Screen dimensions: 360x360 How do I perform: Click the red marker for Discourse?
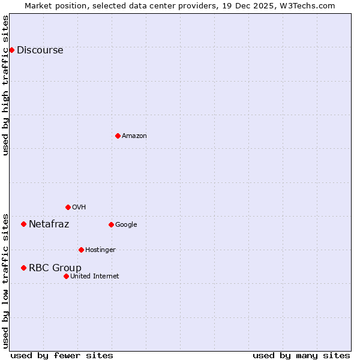pos(11,50)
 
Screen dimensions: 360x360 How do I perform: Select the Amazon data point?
pos(118,136)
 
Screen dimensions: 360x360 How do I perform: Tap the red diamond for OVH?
pos(68,207)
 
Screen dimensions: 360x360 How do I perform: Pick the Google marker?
pos(111,224)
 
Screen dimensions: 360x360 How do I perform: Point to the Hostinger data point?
pos(81,250)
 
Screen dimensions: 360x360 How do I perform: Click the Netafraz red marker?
pos(23,224)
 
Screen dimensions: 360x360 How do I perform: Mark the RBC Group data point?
pos(23,268)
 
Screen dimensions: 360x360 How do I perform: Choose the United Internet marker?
pos(66,276)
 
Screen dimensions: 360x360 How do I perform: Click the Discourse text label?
pos(40,50)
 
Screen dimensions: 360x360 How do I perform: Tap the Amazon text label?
pos(134,136)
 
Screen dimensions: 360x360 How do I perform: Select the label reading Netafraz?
pos(49,224)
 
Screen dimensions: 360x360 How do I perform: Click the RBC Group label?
pos(55,268)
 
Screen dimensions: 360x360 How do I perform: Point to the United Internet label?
pos(94,277)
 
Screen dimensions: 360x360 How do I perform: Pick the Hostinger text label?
pos(100,250)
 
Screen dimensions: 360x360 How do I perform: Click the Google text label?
pos(126,225)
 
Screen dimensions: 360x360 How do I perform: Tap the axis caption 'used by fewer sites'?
pos(62,355)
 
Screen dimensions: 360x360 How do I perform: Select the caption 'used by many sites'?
pos(301,355)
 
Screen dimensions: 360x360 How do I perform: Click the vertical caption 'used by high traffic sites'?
pos(6,85)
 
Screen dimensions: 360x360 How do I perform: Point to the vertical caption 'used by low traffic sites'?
pos(6,281)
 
